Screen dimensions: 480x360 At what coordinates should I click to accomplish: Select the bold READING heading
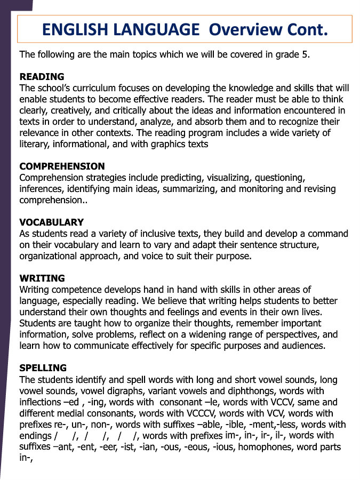click(42, 77)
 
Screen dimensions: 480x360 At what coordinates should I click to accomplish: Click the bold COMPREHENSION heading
click(62, 166)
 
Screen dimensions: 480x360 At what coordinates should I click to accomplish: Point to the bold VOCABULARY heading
click(51, 222)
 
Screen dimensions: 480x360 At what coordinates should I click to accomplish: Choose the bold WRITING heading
click(42, 278)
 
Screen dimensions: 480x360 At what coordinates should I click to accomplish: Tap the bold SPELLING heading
click(43, 368)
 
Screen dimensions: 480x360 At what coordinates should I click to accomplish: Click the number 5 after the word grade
click(306, 54)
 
